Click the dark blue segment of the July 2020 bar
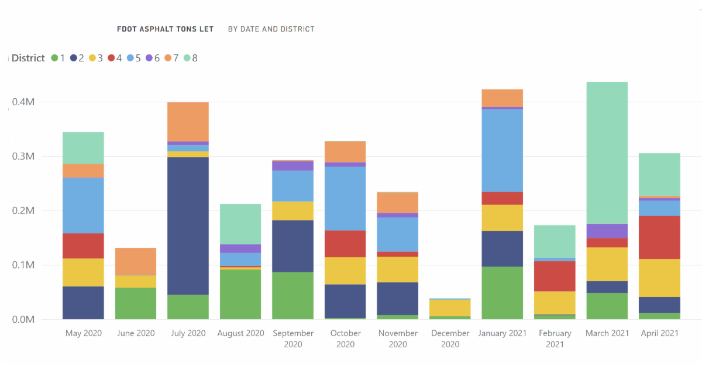pyautogui.click(x=188, y=226)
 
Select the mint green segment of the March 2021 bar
pyautogui.click(x=607, y=152)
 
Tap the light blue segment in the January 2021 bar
pyautogui.click(x=502, y=150)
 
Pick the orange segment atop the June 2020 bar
pyautogui.click(x=136, y=261)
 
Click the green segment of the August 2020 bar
pyautogui.click(x=240, y=294)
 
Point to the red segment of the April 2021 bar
pyautogui.click(x=659, y=237)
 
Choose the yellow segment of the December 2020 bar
pyautogui.click(x=450, y=308)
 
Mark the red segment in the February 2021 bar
pyautogui.click(x=555, y=276)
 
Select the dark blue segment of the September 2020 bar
pyautogui.click(x=292, y=246)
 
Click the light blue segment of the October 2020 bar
pyautogui.click(x=345, y=198)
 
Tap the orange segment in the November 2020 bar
pyautogui.click(x=397, y=202)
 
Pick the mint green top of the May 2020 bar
pyautogui.click(x=83, y=147)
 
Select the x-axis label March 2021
pyautogui.click(x=607, y=333)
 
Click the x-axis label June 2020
pyautogui.click(x=136, y=333)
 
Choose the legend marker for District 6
pyautogui.click(x=149, y=58)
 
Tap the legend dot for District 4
pyautogui.click(x=111, y=58)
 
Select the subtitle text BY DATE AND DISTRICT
pyautogui.click(x=271, y=29)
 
